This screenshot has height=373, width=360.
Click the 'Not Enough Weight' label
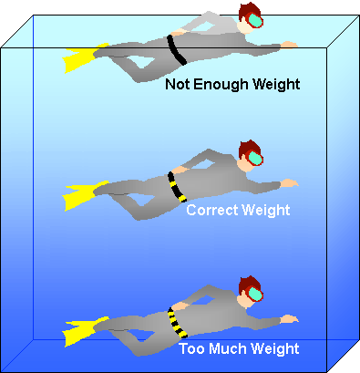point(232,85)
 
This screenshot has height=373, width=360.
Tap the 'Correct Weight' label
point(238,211)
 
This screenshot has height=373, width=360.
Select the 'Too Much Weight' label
point(240,347)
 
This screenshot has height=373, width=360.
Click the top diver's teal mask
point(256,22)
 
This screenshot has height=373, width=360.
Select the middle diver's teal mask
point(256,159)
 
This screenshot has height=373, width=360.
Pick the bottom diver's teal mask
point(258,294)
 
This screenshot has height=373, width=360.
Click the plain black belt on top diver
point(178,50)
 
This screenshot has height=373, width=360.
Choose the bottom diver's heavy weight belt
point(174,321)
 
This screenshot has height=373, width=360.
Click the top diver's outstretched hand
point(290,43)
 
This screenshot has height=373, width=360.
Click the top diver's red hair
point(246,13)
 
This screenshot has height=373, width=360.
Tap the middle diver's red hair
point(246,149)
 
